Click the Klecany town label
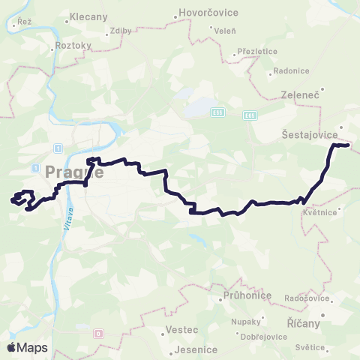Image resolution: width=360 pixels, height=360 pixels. pos(88,16)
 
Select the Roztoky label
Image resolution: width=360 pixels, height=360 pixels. pos(73,45)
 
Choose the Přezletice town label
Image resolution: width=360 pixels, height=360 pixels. pos(257,52)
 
